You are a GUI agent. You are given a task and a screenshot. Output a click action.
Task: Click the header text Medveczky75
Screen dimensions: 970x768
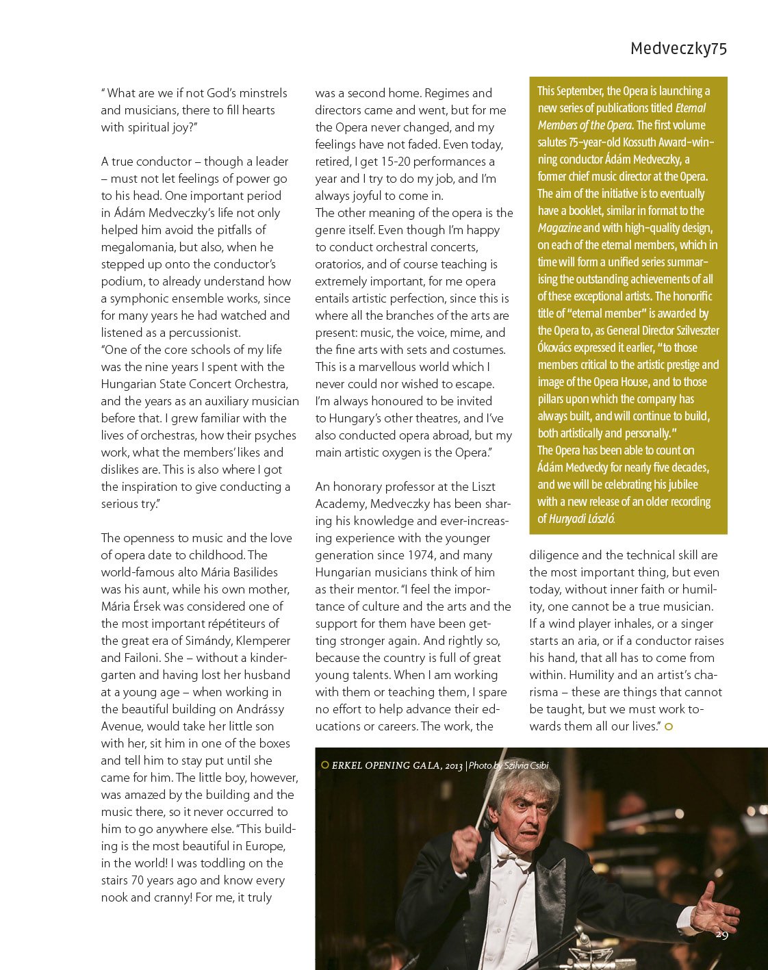[x=678, y=49]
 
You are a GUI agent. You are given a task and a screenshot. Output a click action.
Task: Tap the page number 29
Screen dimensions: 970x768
[x=721, y=935]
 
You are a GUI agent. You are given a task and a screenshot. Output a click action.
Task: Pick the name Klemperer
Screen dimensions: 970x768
[x=264, y=641]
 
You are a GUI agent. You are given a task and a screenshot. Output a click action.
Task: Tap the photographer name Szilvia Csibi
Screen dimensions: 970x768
[x=526, y=765]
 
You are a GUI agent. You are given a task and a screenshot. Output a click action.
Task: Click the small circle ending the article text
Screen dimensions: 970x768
[x=669, y=726]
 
